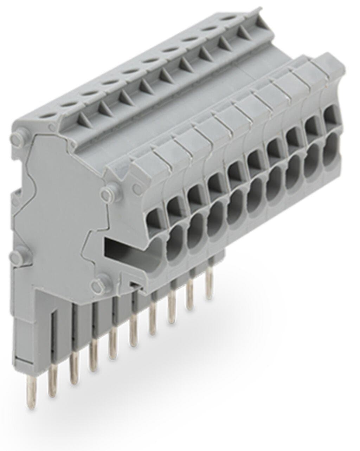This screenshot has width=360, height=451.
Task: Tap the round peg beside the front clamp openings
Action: click(x=108, y=191)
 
